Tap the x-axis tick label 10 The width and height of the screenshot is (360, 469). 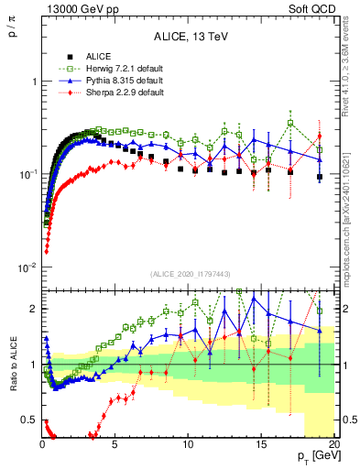(188, 445)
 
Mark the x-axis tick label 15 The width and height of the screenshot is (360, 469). (261, 445)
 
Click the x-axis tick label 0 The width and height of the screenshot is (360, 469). (42, 445)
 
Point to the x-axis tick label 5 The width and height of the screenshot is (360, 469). (115, 445)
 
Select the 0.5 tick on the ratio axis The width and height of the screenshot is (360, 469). (29, 420)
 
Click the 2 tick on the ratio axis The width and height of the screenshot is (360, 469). (34, 309)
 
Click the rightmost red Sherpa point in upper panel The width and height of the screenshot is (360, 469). (320, 136)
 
